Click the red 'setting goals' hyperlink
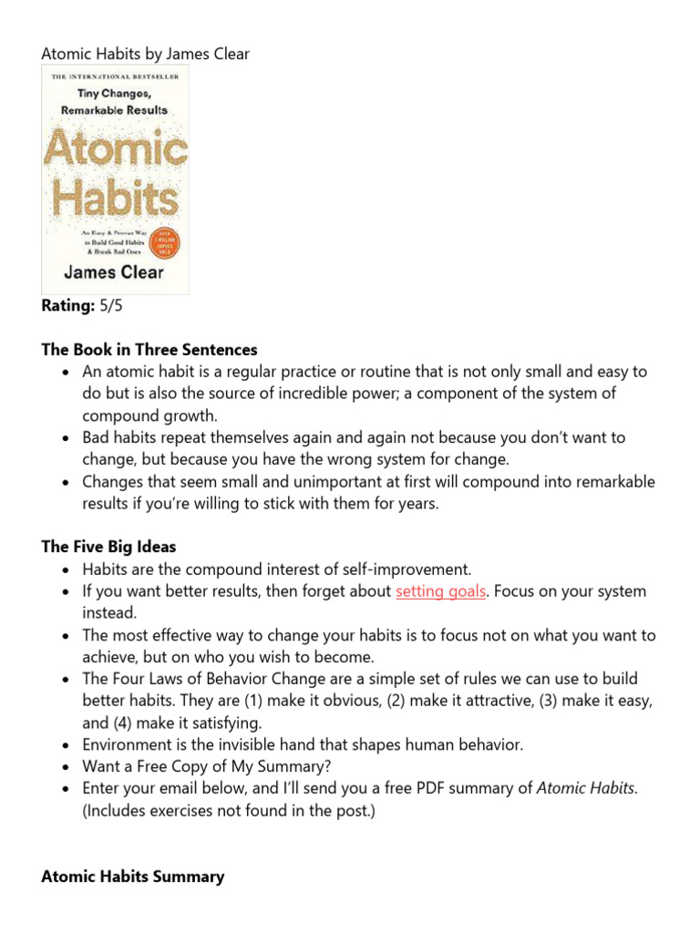(440, 591)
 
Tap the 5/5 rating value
(110, 306)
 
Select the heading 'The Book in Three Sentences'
(149, 350)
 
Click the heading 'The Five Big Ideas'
(108, 548)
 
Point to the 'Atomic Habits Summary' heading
(133, 877)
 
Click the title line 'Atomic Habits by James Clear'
(146, 54)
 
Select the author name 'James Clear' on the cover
(114, 272)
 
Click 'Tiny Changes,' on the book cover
(114, 94)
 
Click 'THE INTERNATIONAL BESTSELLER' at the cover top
(114, 76)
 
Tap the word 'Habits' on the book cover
(113, 199)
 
